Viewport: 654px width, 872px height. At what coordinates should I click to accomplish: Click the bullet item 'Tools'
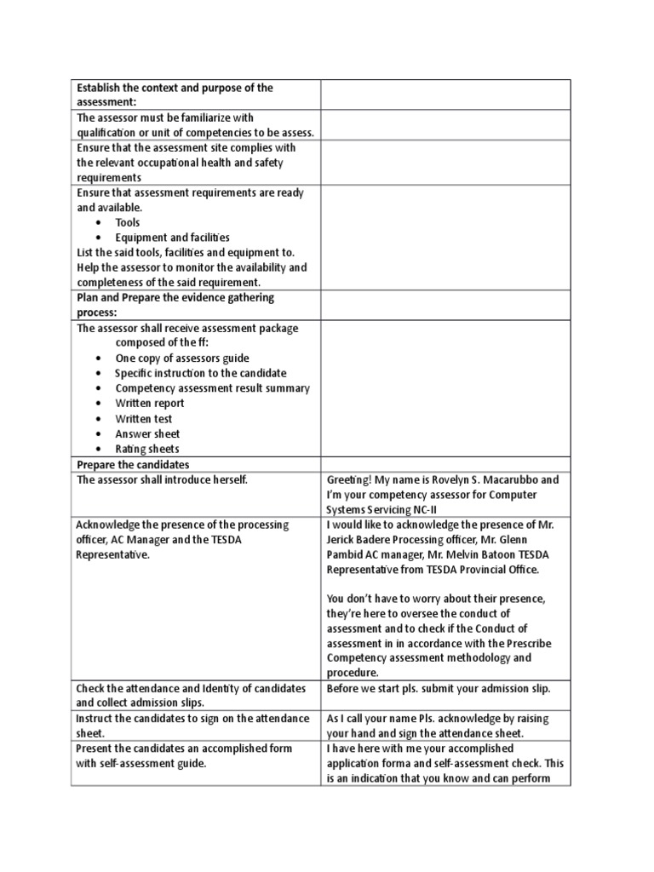[x=128, y=222]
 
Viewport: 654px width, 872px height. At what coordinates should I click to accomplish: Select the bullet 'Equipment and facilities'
[x=172, y=238]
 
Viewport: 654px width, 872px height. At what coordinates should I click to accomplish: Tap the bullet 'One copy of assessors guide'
[x=182, y=359]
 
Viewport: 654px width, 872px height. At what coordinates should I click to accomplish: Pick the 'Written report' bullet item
[x=150, y=404]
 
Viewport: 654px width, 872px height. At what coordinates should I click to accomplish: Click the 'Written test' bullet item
[x=144, y=419]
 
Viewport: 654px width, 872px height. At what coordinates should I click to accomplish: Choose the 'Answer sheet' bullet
[x=148, y=433]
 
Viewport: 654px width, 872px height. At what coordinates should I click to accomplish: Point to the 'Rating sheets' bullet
[x=147, y=449]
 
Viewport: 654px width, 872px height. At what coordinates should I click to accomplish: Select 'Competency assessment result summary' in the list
[x=212, y=388]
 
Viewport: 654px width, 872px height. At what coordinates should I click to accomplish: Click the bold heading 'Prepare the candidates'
[x=133, y=464]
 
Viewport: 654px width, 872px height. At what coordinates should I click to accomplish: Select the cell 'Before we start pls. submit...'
[x=439, y=688]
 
